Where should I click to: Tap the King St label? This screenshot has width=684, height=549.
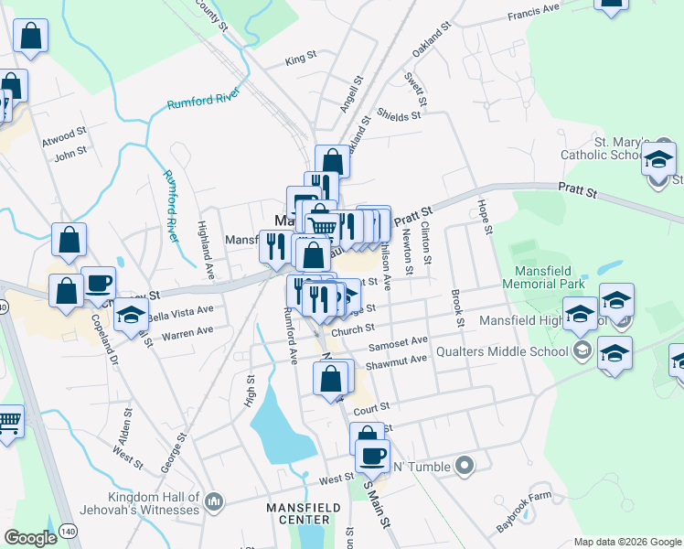[x=300, y=59]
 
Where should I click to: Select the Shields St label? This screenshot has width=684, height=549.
[x=399, y=116]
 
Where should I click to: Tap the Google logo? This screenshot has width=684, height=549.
[x=29, y=538]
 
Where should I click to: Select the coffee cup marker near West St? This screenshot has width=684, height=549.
[x=373, y=456]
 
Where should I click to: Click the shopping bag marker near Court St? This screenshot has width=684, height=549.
[x=331, y=378]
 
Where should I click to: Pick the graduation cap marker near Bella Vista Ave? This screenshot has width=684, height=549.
[x=131, y=315]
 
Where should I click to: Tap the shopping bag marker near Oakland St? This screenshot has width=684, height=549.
[x=333, y=161]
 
